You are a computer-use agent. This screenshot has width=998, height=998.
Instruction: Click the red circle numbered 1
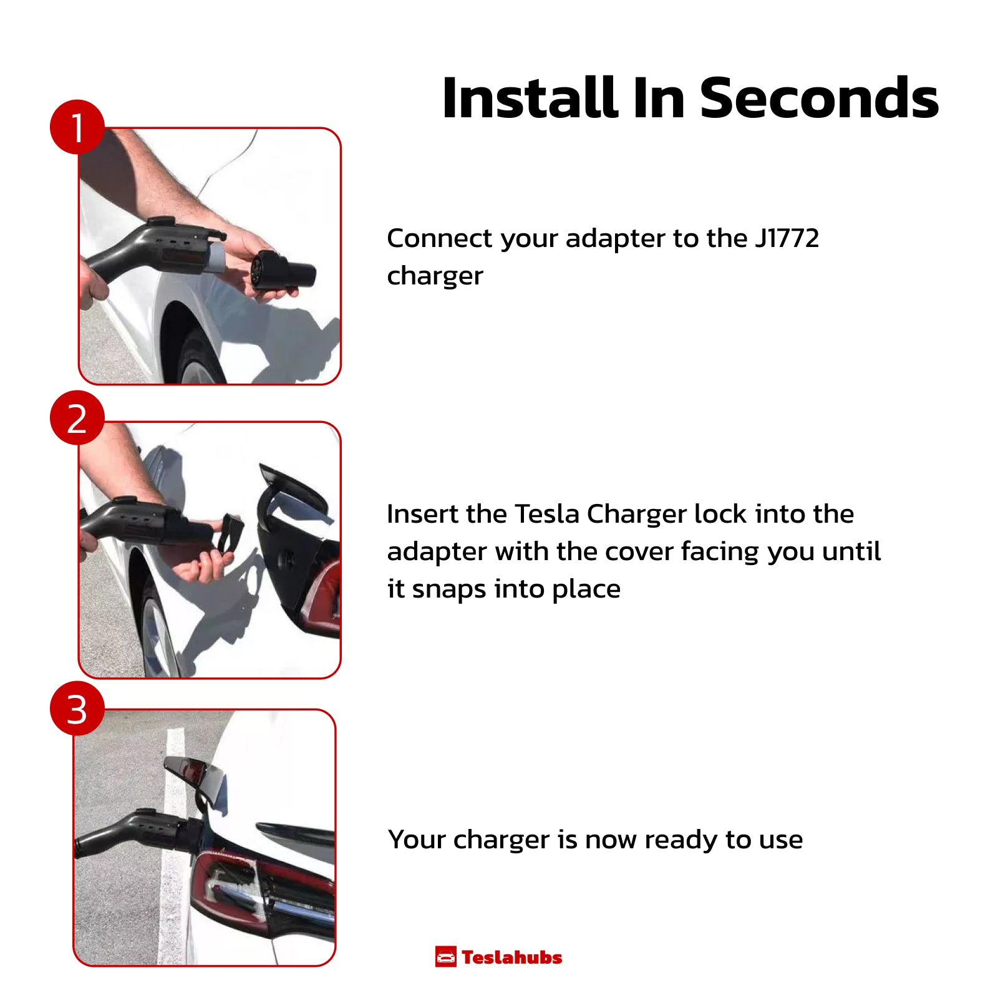pyautogui.click(x=77, y=127)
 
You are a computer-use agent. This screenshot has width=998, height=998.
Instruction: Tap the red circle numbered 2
pyautogui.click(x=77, y=417)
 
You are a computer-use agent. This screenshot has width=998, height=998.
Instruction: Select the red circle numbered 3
pyautogui.click(x=77, y=708)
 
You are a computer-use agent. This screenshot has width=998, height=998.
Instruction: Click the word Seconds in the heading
pyautogui.click(x=819, y=98)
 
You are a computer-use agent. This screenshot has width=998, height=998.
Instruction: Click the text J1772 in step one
pyautogui.click(x=787, y=238)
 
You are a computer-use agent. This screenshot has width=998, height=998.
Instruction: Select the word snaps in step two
pyautogui.click(x=449, y=589)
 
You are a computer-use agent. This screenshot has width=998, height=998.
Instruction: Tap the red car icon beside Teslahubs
pyautogui.click(x=445, y=957)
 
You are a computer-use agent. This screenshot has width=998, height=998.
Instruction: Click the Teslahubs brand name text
pyautogui.click(x=512, y=957)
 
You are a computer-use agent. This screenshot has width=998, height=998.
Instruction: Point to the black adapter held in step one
pyautogui.click(x=283, y=271)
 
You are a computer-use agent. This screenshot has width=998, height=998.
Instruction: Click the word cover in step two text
pyautogui.click(x=639, y=552)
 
